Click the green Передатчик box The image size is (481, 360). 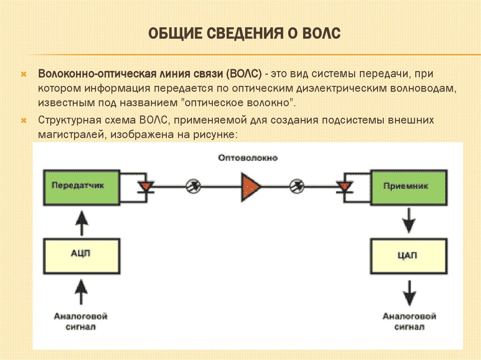(81, 187)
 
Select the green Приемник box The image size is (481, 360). (409, 187)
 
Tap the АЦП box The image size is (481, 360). (81, 256)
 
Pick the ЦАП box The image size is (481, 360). (409, 256)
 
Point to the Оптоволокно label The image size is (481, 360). (248, 158)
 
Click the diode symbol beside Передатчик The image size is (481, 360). (146, 186)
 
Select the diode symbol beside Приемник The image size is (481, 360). (344, 186)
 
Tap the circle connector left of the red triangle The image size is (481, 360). (194, 186)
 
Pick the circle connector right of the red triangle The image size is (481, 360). (297, 186)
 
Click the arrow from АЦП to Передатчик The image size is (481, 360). (82, 223)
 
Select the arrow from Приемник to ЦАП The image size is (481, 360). (409, 221)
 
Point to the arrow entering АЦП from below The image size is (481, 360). (81, 291)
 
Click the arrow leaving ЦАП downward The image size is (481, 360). (409, 293)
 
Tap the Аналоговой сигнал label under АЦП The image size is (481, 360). (81, 322)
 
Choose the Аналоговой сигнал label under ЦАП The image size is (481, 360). (409, 322)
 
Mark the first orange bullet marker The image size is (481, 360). (24, 74)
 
